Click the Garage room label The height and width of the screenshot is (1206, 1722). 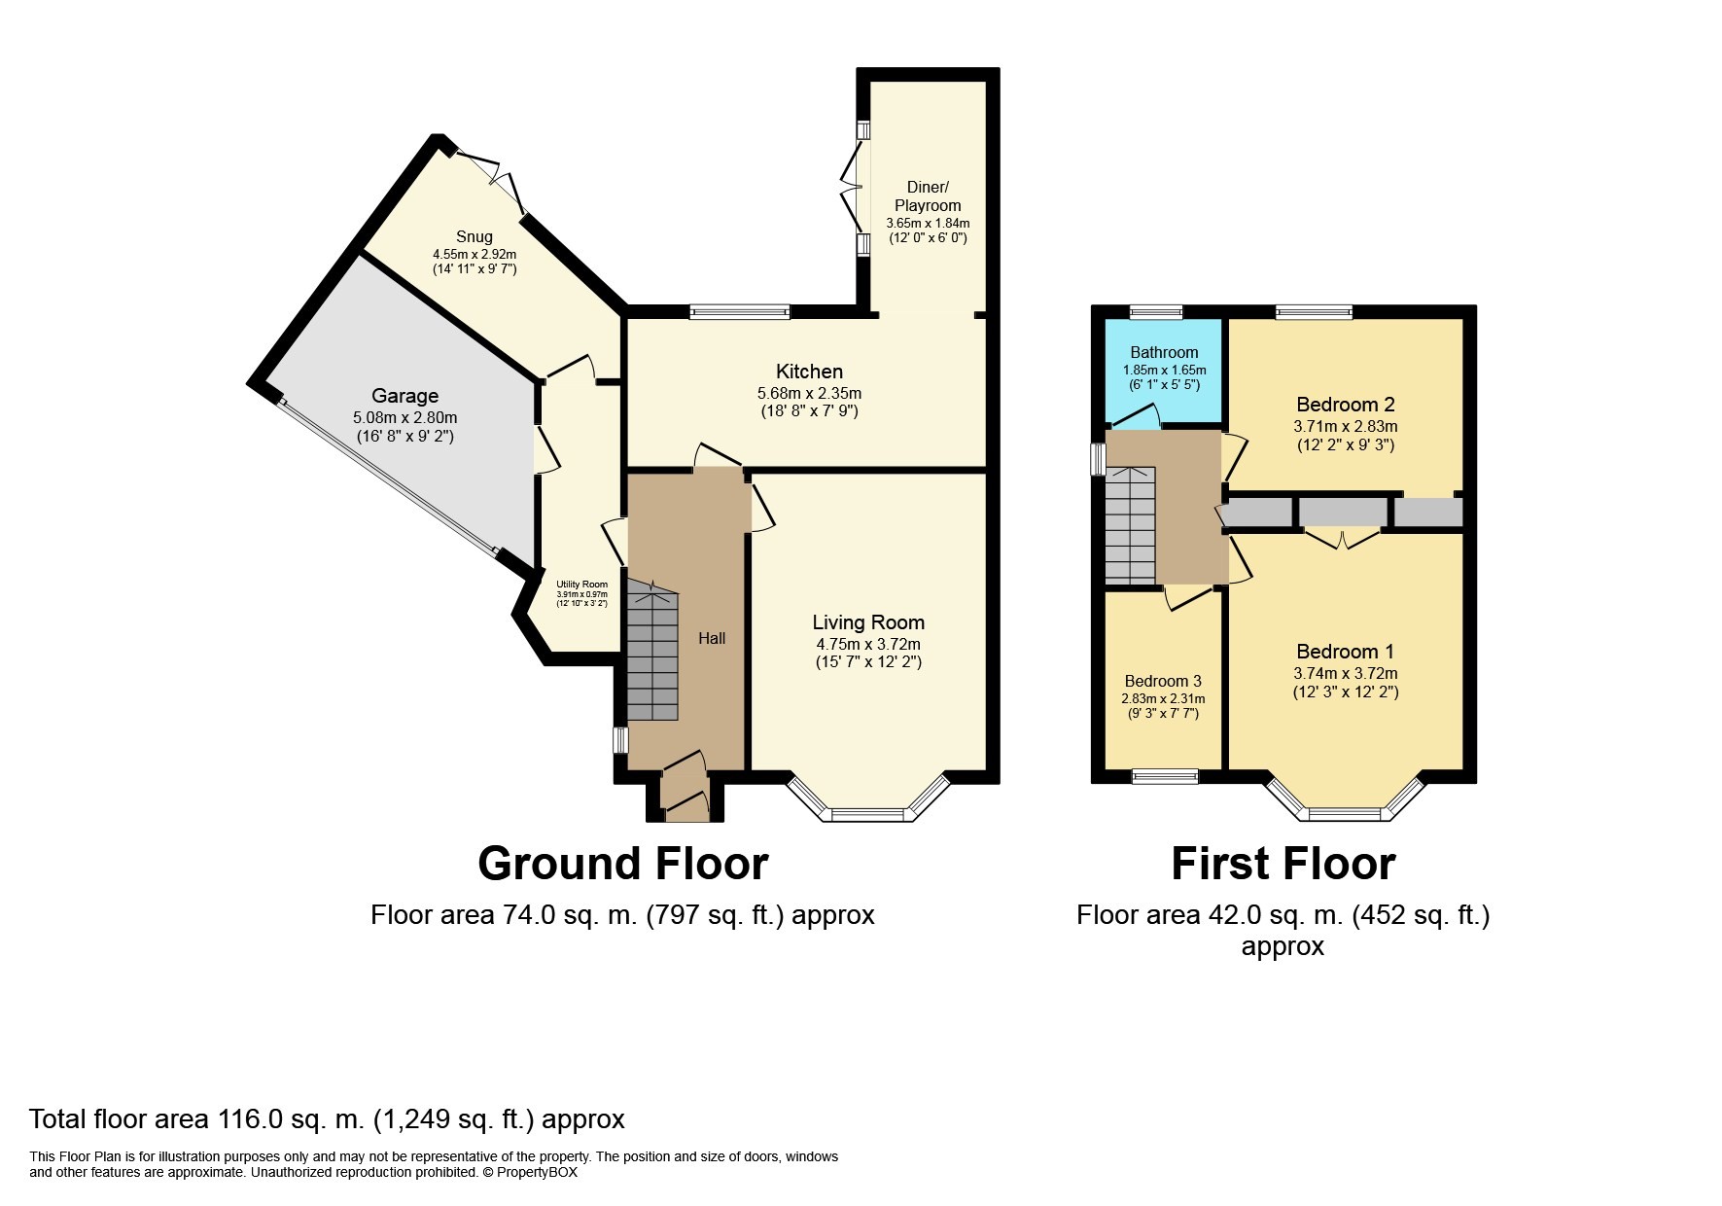tap(404, 396)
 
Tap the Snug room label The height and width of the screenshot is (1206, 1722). tap(474, 236)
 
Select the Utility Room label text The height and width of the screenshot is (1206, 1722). tap(581, 585)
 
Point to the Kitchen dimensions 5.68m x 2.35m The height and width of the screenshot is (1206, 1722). tap(809, 394)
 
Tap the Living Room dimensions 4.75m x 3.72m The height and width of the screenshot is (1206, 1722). tap(868, 644)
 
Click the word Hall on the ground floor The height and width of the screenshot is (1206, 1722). tap(712, 639)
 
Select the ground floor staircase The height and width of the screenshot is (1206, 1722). tap(650, 652)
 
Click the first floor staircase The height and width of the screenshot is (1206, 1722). tap(1130, 525)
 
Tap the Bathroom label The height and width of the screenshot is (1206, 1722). tap(1164, 353)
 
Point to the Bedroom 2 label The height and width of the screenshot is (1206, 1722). tap(1337, 405)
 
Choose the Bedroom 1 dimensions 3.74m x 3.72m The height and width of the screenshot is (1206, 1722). tap(1345, 673)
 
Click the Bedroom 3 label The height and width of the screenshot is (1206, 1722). tap(1162, 681)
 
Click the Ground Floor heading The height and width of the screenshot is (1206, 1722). tap(622, 863)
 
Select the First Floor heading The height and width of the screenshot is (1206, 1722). tap(1283, 863)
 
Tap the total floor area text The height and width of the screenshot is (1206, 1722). tap(327, 1119)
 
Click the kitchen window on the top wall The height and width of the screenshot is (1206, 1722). tap(739, 312)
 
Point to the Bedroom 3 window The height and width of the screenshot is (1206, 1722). tap(1166, 776)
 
